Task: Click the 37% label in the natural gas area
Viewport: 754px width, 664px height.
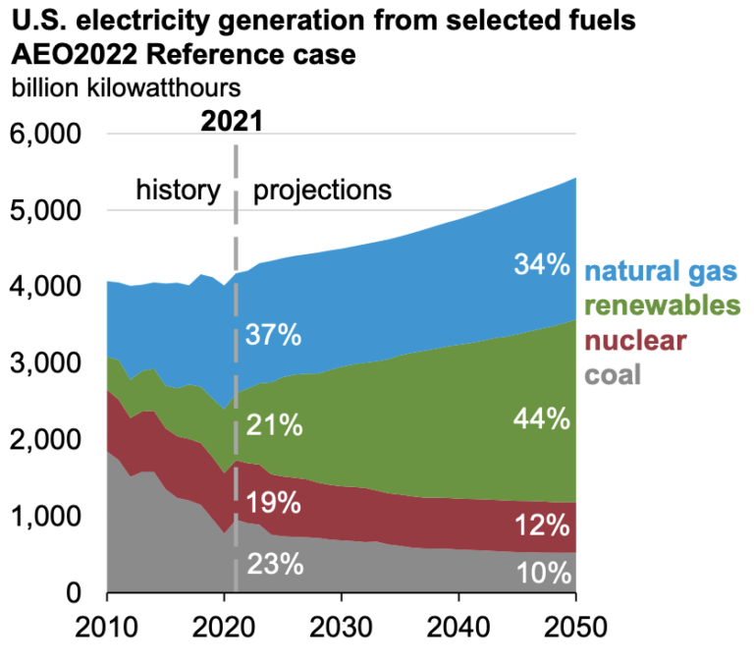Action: coord(273,336)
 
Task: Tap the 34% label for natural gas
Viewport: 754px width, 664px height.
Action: coord(541,265)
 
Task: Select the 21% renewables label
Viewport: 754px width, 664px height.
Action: coord(273,426)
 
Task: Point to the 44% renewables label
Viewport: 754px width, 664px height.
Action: coord(541,419)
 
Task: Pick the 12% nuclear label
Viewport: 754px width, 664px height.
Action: coord(541,526)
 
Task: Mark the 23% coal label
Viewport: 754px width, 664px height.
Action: coord(273,565)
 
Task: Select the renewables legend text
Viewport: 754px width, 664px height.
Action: coord(663,306)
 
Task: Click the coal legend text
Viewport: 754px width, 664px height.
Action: coord(613,373)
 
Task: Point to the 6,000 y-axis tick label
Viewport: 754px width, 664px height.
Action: coord(47,135)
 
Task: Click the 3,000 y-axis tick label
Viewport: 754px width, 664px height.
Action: coord(47,364)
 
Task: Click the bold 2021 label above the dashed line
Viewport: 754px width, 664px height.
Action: coord(233,122)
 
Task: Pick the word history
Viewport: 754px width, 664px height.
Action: coord(177,190)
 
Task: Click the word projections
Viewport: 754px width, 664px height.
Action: coord(322,190)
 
